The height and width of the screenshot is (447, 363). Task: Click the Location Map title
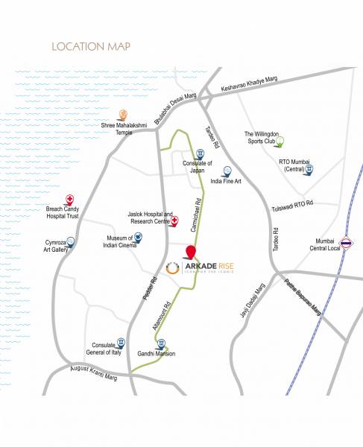tap(91, 47)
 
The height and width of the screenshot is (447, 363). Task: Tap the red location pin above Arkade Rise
tap(191, 252)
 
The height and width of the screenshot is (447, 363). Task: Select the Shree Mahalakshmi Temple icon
tap(124, 115)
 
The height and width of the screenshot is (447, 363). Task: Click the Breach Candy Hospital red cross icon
tap(70, 199)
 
